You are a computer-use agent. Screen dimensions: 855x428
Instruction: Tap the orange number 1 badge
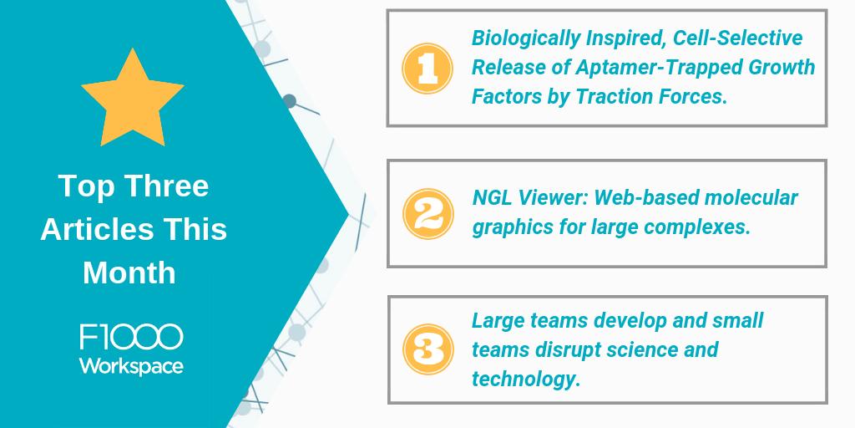pos(427,69)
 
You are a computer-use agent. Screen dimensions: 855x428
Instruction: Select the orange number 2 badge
pos(427,214)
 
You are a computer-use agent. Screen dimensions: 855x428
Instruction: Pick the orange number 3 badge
pos(427,350)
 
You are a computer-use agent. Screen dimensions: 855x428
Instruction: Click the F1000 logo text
pos(131,338)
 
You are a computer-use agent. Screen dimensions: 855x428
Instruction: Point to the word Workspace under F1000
pos(131,365)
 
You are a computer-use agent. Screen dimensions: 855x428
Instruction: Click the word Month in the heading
pos(129,273)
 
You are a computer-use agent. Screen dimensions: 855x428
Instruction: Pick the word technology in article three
pos(526,379)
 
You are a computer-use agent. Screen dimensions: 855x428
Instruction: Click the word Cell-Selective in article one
pos(738,38)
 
